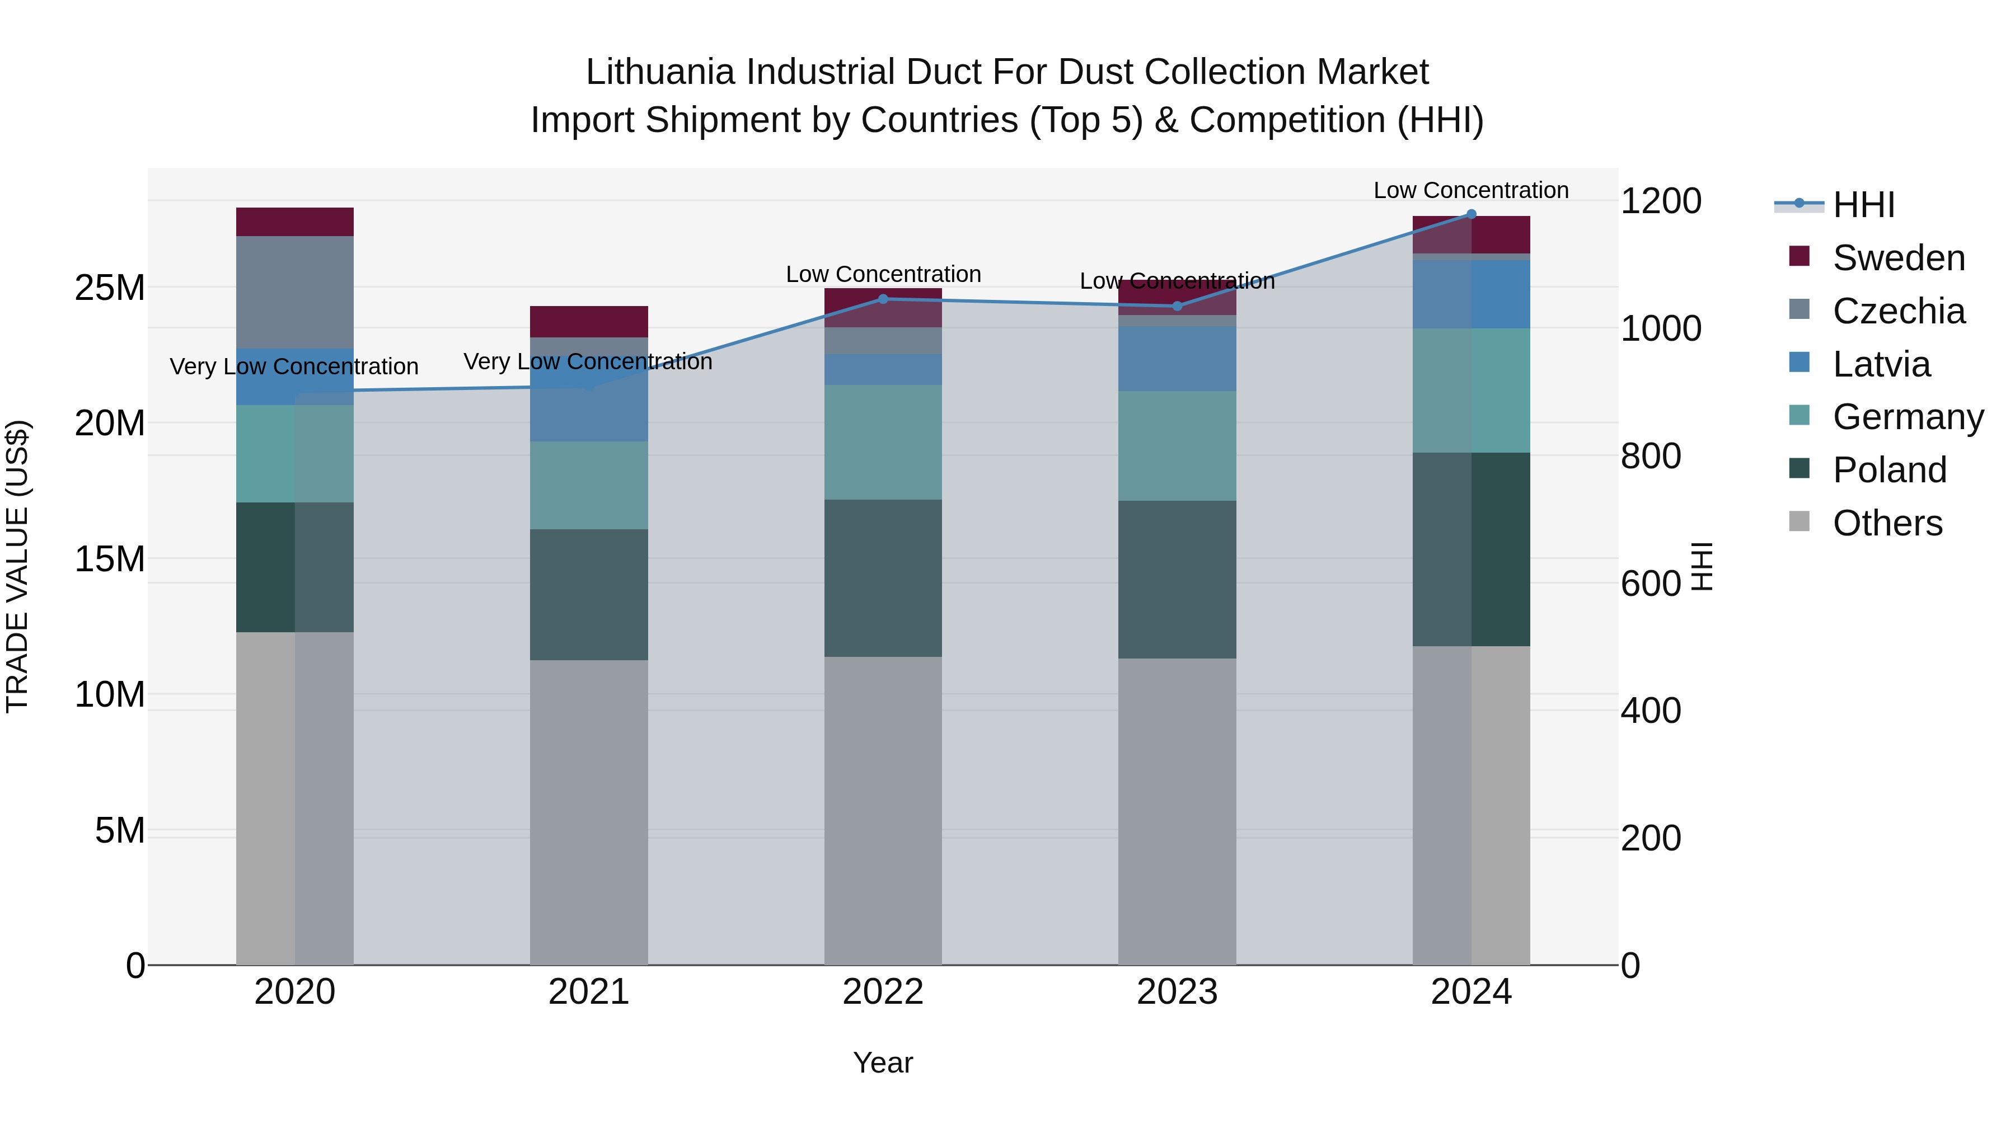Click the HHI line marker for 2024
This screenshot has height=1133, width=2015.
click(x=1470, y=214)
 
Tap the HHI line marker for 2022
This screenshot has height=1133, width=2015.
click(x=883, y=299)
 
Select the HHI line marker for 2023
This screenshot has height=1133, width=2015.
click(x=1177, y=305)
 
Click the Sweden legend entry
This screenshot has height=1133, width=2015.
click(x=1899, y=258)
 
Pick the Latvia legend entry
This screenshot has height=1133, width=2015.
click(x=1881, y=364)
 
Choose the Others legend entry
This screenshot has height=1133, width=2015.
click(x=1887, y=523)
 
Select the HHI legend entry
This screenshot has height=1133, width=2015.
click(x=1863, y=205)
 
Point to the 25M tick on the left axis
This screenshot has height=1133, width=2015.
click(x=110, y=288)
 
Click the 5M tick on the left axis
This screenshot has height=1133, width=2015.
click(x=120, y=830)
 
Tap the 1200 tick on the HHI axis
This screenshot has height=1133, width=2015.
click(x=1661, y=201)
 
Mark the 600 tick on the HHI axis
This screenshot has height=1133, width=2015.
click(x=1651, y=584)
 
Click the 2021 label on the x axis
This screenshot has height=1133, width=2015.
click(x=589, y=992)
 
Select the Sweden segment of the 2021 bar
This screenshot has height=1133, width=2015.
click(x=589, y=321)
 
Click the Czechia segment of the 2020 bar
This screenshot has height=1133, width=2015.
click(x=295, y=292)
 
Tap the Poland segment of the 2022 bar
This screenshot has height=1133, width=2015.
click(x=883, y=578)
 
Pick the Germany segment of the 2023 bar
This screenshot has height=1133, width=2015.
click(x=1177, y=446)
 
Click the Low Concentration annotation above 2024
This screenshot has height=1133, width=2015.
click(x=1470, y=190)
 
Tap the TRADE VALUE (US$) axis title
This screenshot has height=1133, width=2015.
click(x=17, y=566)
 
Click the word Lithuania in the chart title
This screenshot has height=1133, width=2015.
click(x=660, y=72)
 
